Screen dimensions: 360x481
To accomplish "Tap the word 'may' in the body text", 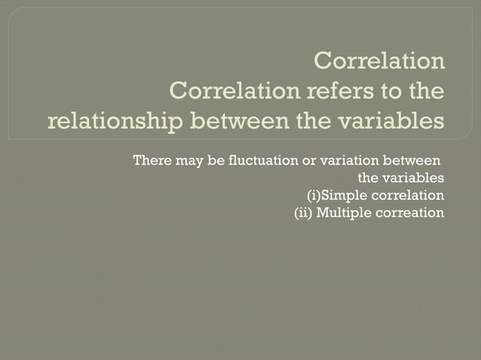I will (185, 160).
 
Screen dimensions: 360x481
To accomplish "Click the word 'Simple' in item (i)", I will (344, 196).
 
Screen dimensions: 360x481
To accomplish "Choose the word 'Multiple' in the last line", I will (343, 213).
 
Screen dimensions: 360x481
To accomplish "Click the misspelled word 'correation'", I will (409, 213).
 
